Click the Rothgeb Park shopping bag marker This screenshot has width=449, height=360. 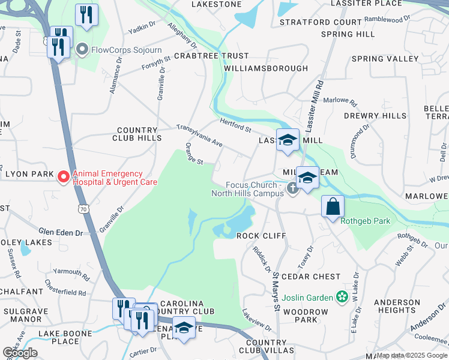[332, 207]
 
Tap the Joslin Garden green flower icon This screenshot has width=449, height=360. [342, 296]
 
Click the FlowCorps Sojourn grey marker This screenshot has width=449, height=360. [82, 50]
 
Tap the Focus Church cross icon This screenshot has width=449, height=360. [292, 188]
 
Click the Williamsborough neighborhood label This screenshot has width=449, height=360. [266, 68]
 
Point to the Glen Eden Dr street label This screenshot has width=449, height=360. [59, 232]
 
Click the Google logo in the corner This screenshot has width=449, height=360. [20, 353]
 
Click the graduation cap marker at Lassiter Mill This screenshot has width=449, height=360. [288, 140]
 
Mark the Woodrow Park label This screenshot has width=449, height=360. [306, 316]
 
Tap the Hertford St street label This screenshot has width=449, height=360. [235, 126]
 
